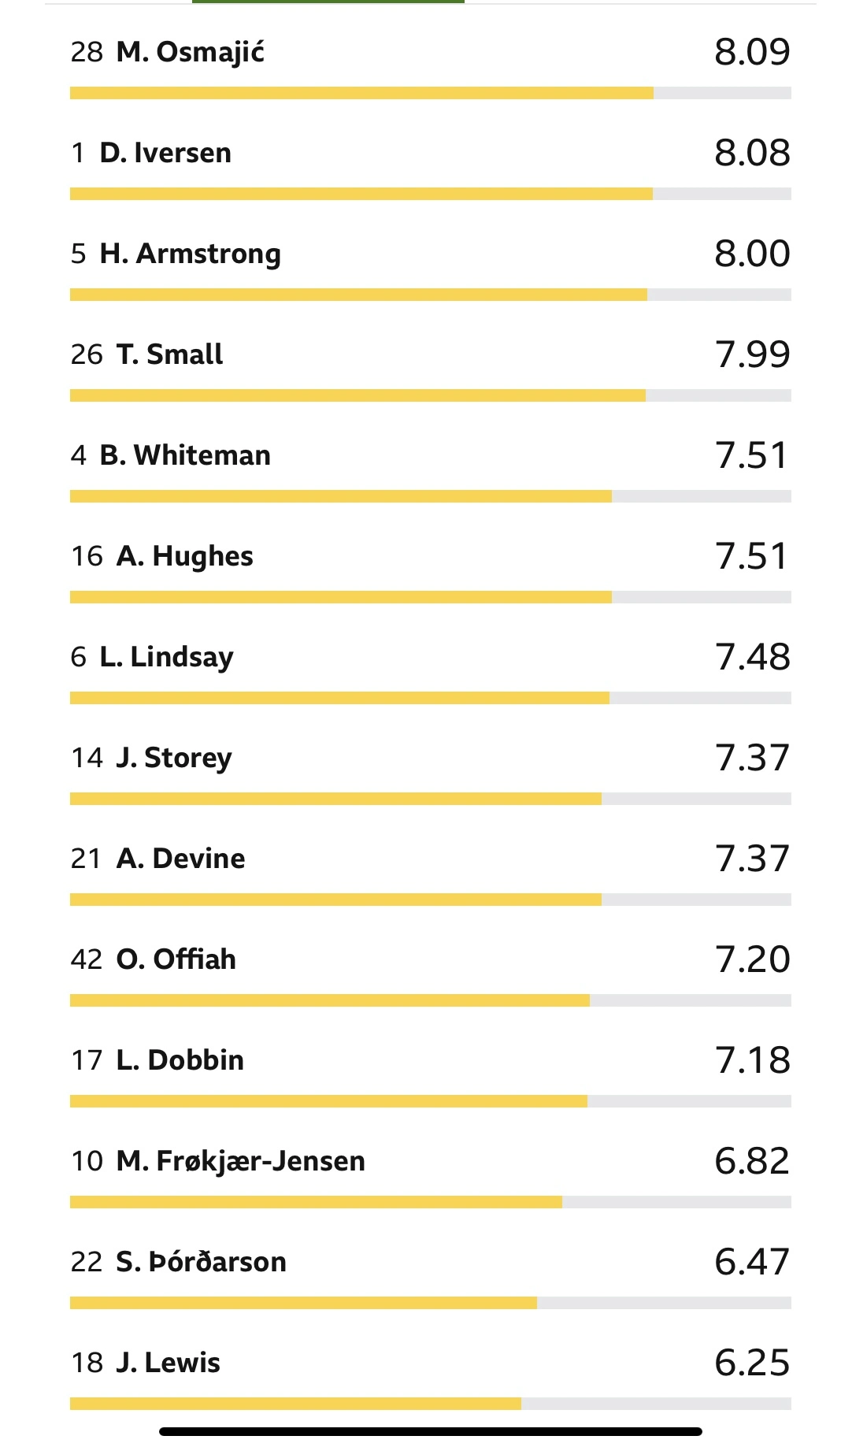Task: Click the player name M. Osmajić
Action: pos(190,53)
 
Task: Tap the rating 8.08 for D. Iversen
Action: pos(752,153)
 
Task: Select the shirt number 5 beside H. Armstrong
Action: pos(78,254)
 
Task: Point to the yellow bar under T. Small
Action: pos(358,395)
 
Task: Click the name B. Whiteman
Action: pos(185,455)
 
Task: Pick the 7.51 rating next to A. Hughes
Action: pos(752,556)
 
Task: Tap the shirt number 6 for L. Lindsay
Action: pos(78,657)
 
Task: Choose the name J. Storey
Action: pos(174,758)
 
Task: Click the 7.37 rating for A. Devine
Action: pos(752,859)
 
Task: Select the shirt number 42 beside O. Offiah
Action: pos(87,959)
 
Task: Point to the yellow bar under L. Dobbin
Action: pos(328,1101)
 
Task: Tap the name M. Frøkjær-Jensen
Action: pos(240,1161)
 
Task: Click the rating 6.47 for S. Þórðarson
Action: pos(752,1262)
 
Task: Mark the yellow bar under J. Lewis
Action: pos(295,1404)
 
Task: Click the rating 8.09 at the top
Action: pos(752,52)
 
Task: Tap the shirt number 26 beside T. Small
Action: pos(87,354)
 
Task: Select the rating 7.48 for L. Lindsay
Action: pos(752,657)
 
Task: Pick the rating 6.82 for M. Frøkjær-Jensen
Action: pos(752,1161)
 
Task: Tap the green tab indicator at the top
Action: pos(328,2)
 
